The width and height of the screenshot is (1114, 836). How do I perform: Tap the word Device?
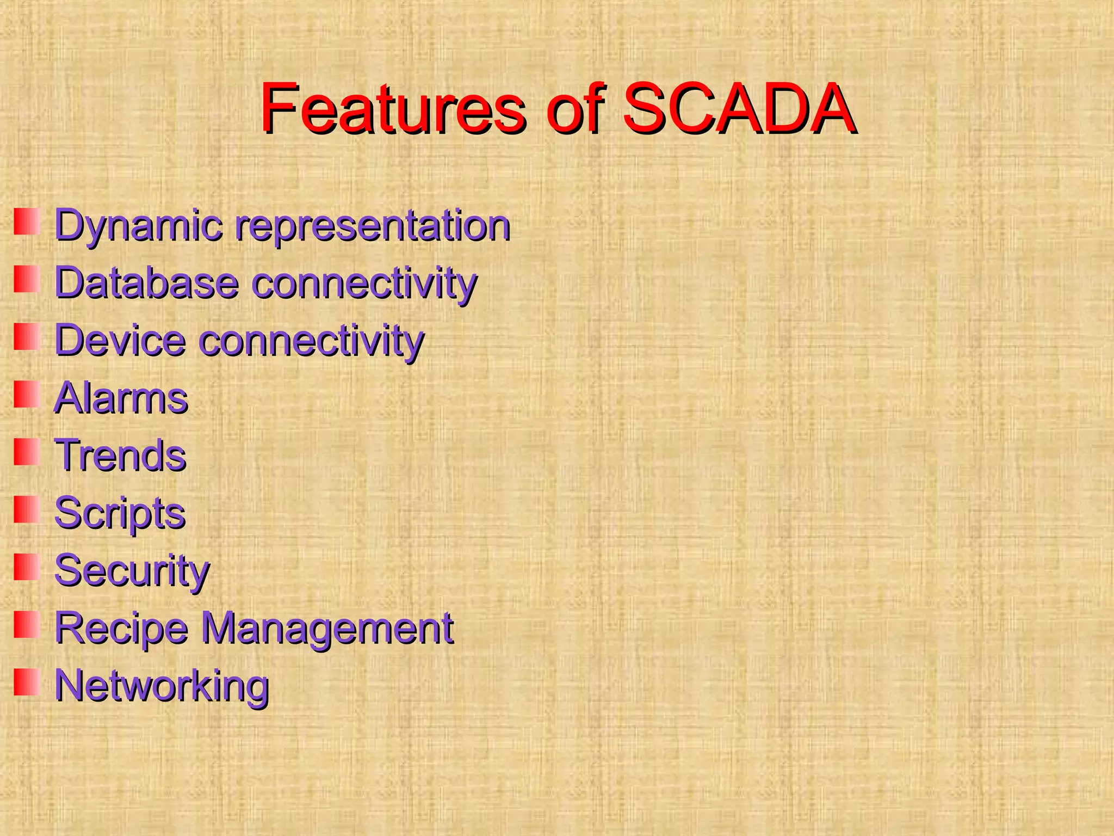point(120,341)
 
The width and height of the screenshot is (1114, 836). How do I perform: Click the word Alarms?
point(121,398)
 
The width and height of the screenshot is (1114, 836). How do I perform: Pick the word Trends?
point(120,456)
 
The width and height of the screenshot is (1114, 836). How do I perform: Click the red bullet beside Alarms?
point(27,394)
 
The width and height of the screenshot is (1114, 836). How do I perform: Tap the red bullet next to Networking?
point(27,682)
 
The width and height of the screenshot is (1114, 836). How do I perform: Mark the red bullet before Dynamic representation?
point(27,222)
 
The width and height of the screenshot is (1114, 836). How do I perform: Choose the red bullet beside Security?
point(27,567)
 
